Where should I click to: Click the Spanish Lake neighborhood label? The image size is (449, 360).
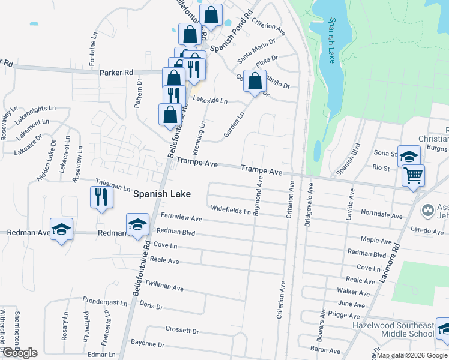pos(161,194)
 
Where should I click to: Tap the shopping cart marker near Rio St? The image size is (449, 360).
pos(413,176)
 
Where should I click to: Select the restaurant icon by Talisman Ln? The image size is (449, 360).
pos(101,196)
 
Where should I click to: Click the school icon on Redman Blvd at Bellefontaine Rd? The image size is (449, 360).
pos(137,225)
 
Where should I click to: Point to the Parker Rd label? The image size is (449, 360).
pos(117,72)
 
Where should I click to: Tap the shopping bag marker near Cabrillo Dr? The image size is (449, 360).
pos(255,81)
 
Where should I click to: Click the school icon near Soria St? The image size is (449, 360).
pos(409,157)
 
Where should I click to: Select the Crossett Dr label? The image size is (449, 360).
pos(182,331)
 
